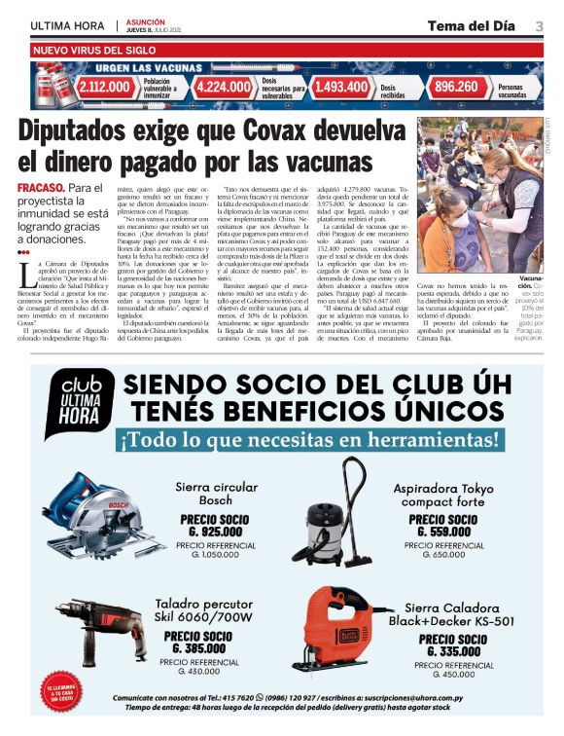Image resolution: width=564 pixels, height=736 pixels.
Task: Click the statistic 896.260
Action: (x=457, y=87)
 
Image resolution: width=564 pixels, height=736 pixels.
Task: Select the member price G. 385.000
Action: (x=201, y=647)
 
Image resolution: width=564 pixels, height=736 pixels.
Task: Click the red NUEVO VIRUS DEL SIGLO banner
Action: (x=93, y=48)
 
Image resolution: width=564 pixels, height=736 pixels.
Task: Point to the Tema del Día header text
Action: (x=467, y=25)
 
